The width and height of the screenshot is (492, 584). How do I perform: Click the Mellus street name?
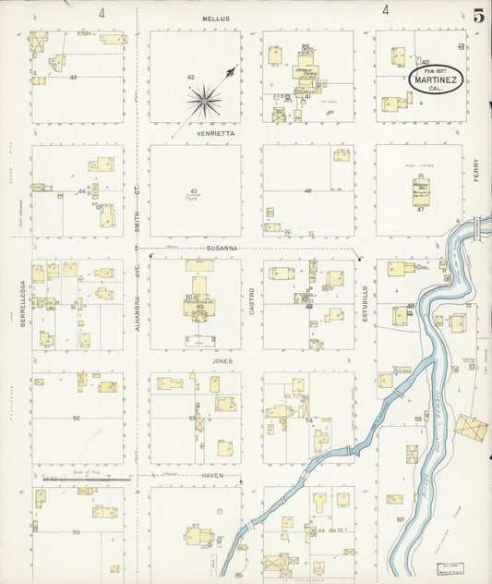click(x=217, y=18)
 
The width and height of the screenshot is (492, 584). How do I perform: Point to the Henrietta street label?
click(x=216, y=133)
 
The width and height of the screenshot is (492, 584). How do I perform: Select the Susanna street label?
click(x=222, y=249)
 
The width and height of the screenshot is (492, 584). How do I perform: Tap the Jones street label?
click(x=222, y=360)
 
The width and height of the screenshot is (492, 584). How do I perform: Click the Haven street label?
click(x=215, y=475)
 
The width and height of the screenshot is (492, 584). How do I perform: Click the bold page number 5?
click(x=478, y=16)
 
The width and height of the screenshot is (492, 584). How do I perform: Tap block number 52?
click(x=77, y=419)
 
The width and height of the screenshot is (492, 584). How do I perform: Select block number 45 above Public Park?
click(x=194, y=191)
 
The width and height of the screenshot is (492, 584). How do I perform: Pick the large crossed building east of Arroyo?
click(x=470, y=427)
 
